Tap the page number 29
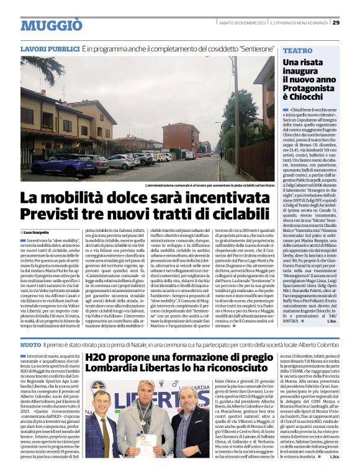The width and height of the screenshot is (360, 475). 336,23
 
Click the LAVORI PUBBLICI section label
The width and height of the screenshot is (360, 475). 49,48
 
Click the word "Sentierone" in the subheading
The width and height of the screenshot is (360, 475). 249,48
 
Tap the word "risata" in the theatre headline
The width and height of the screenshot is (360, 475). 312,62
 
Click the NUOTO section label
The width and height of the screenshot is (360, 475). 31,344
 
